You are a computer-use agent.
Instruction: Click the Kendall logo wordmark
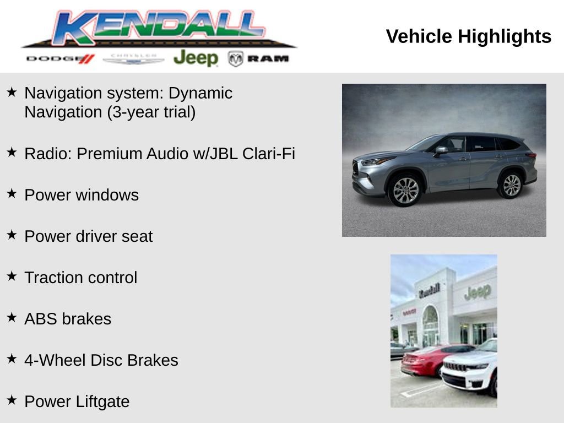[x=160, y=28]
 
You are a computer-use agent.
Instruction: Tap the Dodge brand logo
[x=60, y=58]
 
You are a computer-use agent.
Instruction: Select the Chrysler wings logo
[x=133, y=58]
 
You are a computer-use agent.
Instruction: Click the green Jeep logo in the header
[x=196, y=58]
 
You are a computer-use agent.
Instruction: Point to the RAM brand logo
[x=259, y=58]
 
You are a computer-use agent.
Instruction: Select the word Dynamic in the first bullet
[x=200, y=93]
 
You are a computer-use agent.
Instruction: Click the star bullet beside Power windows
[x=12, y=193]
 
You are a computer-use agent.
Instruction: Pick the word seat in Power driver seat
[x=138, y=236]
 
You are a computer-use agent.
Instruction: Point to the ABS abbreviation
[x=41, y=319]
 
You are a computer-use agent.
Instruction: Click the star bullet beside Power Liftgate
[x=12, y=400]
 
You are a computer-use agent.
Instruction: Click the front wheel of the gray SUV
[x=405, y=191]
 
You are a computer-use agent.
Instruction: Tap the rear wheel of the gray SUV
[x=511, y=185]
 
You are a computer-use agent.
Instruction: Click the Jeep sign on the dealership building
[x=477, y=292]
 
